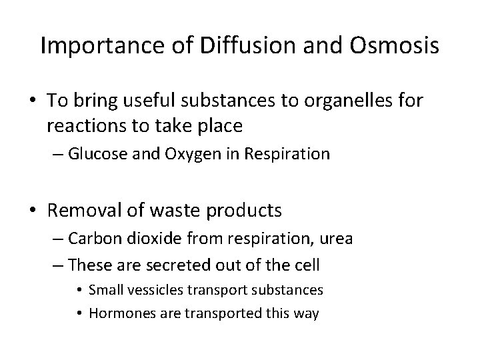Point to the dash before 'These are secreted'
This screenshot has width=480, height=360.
pos(57,265)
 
